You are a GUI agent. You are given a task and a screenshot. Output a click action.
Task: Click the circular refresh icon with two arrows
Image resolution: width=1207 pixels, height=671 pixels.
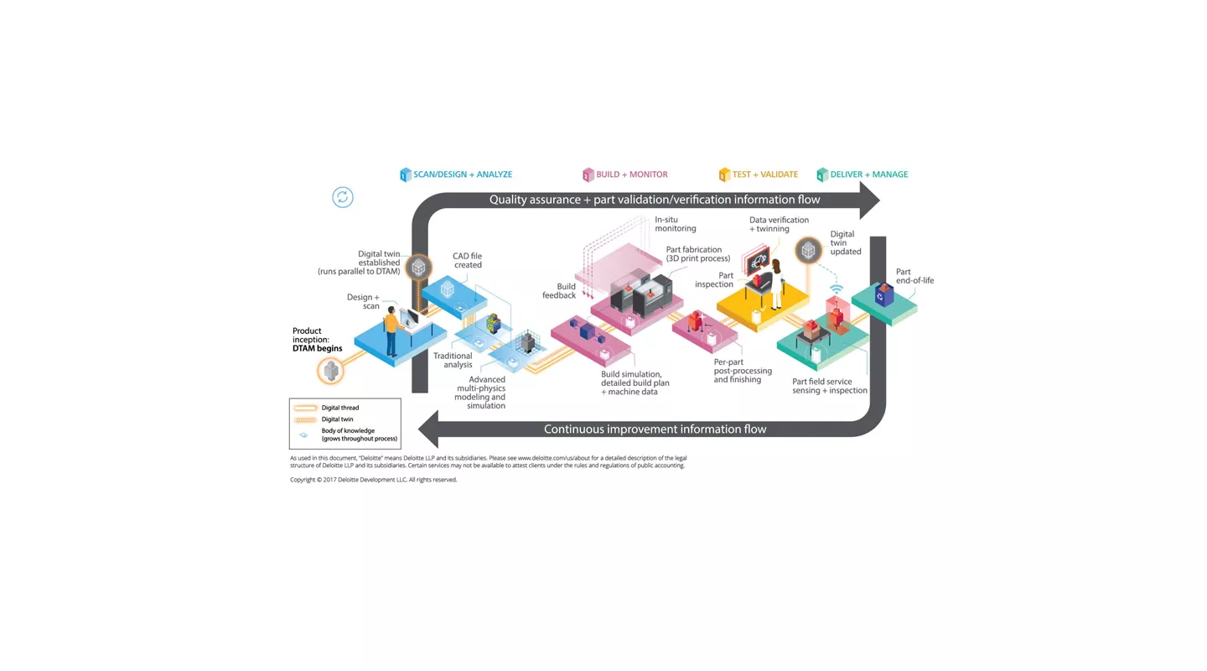[343, 197]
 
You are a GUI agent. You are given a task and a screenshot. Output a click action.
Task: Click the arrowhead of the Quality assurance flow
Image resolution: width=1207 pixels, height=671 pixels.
[869, 200]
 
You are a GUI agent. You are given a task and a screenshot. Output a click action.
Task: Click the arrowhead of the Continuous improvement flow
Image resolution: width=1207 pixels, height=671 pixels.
[428, 429]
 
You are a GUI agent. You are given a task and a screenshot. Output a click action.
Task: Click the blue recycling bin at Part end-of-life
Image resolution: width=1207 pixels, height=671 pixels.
[884, 294]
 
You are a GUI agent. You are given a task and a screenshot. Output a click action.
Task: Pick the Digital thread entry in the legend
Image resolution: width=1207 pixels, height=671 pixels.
[339, 408]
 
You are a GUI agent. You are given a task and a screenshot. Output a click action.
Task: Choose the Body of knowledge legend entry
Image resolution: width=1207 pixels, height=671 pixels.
[359, 434]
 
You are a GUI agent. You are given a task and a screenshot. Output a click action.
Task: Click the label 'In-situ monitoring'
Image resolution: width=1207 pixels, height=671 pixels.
[675, 224]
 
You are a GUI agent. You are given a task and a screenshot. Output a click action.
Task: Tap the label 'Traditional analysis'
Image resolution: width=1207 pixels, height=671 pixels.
[453, 360]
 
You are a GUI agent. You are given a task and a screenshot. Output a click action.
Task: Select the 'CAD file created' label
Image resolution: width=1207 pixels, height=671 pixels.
[468, 260]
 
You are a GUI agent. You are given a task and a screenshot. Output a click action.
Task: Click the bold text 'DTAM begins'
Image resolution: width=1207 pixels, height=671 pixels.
[317, 348]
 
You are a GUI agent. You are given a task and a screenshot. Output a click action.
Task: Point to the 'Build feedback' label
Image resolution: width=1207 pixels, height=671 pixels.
[559, 291]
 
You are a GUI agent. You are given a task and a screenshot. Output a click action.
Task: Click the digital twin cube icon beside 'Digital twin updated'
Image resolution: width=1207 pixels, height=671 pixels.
[808, 250]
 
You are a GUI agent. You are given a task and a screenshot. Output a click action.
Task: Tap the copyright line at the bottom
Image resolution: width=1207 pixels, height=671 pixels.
[373, 480]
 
